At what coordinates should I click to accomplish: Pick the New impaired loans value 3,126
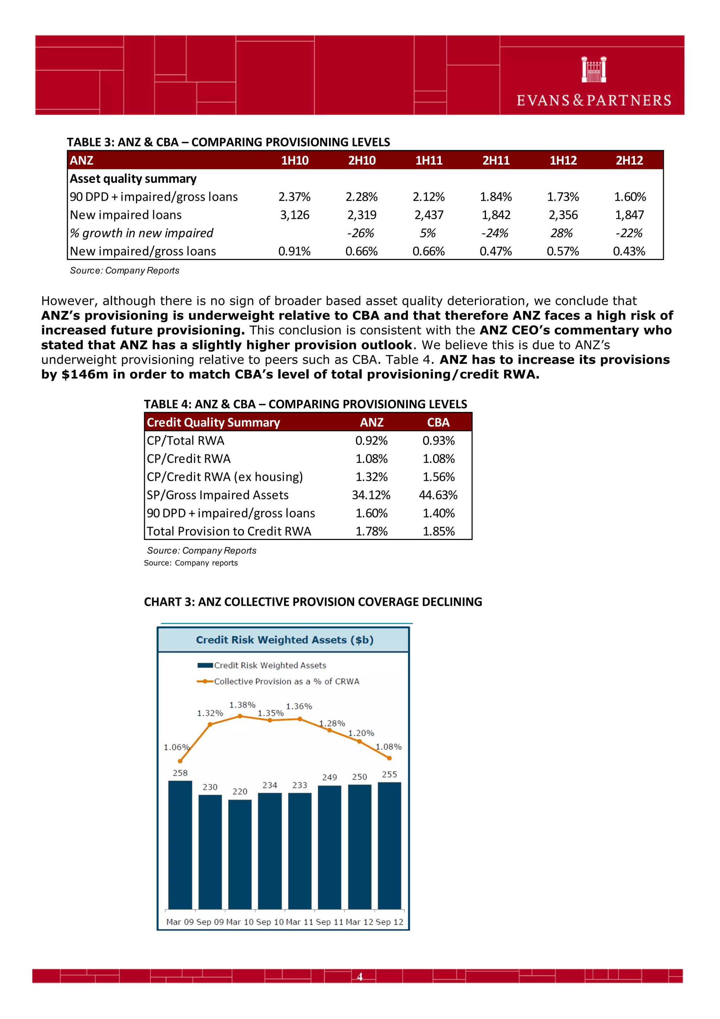295,215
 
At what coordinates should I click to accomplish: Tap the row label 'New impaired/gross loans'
143,251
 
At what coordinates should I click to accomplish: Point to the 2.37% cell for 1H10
295,197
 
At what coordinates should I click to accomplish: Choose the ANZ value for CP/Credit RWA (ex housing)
371,477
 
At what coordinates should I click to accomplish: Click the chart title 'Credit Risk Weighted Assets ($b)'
284,639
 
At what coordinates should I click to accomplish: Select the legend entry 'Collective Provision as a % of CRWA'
286,681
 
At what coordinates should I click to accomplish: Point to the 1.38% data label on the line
242,705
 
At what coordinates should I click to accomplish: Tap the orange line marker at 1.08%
389,758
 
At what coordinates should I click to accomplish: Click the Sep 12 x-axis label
389,922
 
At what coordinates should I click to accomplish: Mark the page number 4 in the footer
360,977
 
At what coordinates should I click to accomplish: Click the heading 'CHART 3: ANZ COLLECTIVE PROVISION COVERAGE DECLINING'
313,602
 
